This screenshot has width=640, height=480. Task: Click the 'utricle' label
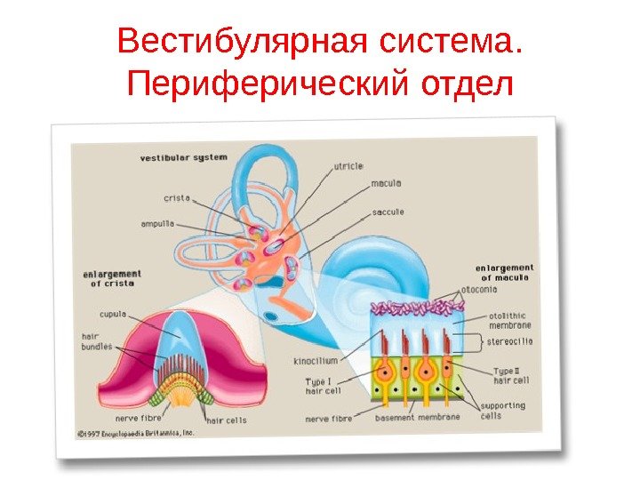click(x=348, y=166)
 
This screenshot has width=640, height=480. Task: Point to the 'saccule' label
click(x=388, y=212)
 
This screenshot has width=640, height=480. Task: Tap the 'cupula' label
click(x=112, y=314)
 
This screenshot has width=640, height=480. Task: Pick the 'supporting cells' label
click(x=502, y=410)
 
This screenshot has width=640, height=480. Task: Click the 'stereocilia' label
click(x=510, y=340)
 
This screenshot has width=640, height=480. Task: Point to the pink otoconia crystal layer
click(x=413, y=308)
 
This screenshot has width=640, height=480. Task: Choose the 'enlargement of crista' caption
click(x=113, y=277)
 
